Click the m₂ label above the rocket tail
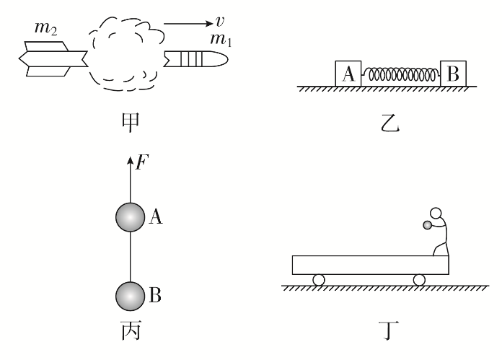pos(45,28)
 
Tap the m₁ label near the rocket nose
pos(221,40)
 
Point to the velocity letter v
pos(220,22)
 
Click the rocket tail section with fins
pos(53,59)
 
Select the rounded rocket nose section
pos(196,59)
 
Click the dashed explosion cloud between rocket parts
pos(126,53)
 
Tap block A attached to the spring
pos(348,74)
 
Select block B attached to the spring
pos(454,74)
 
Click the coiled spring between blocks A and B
pos(401,74)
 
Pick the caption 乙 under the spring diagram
pos(390,123)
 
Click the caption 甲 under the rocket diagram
pos(131,123)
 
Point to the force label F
pos(142,162)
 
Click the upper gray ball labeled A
pos(130,217)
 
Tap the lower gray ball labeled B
pos(130,297)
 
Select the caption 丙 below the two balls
pos(131,330)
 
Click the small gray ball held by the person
pos(427,225)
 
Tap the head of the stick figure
pos(436,213)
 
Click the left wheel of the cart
pos(319,280)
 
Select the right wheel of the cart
pos(419,280)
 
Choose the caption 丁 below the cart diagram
pos(389,331)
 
